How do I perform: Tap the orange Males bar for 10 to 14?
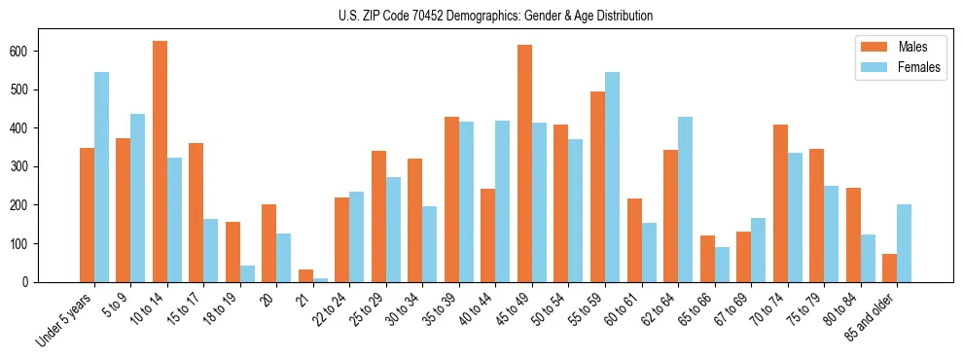click(160, 162)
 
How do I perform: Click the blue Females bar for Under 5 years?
click(101, 177)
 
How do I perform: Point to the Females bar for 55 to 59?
click(612, 177)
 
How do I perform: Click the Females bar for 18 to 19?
click(247, 273)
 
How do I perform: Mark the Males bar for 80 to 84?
click(853, 234)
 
